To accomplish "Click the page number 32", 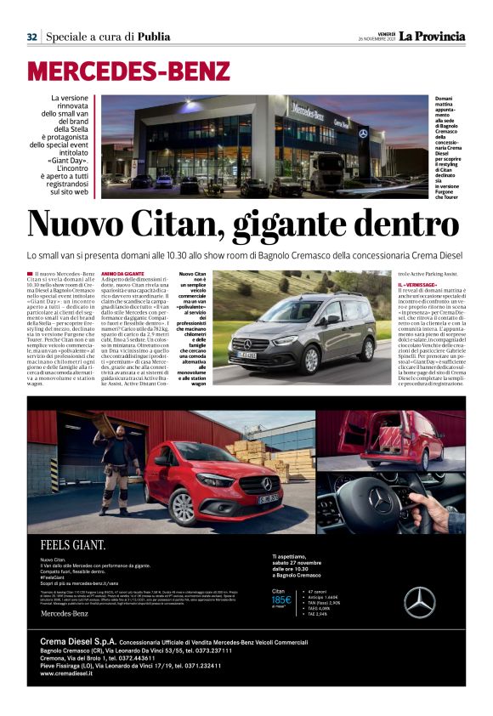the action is (31, 37).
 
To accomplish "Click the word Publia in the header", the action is (153, 37).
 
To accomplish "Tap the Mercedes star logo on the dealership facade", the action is (362, 134).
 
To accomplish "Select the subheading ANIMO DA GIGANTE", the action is (122, 273).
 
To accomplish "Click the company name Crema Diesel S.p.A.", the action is (77, 640).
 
